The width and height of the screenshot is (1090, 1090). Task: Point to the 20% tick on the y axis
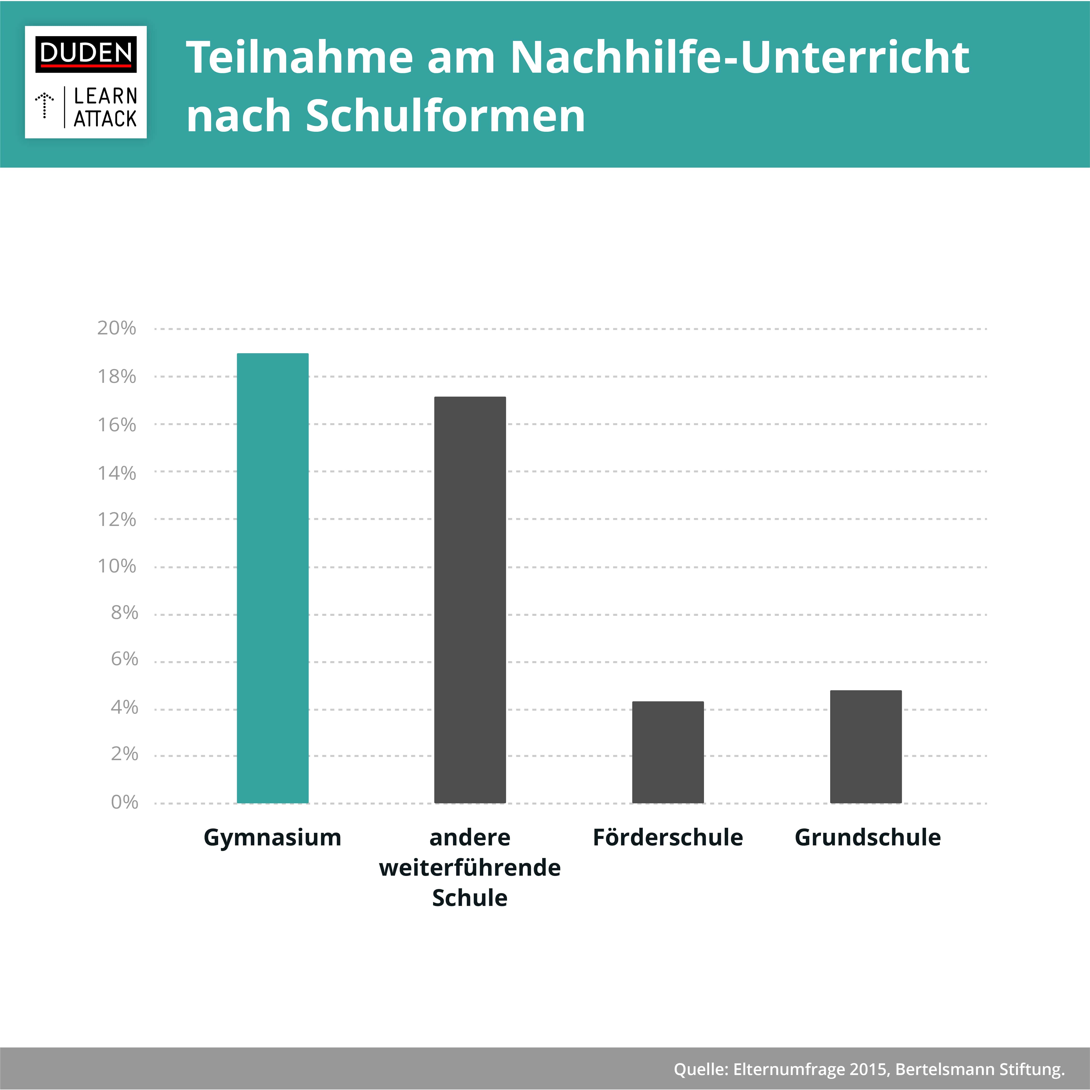coord(117,328)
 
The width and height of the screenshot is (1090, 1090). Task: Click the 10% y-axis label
coord(117,566)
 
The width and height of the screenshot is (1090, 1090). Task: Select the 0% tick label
coord(124,802)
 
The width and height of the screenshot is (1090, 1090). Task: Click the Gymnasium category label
coord(272,837)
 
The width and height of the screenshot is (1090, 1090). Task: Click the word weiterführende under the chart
coord(470,868)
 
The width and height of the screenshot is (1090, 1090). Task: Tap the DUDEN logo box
coord(86,54)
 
